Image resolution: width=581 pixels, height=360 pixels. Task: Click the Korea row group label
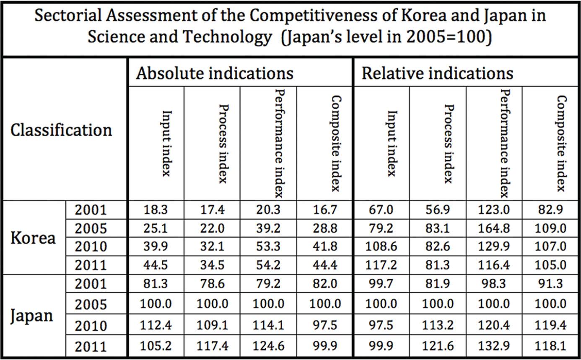[33, 238]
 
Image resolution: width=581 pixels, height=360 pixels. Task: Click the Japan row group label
[32, 316]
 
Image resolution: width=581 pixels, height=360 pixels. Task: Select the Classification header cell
[61, 130]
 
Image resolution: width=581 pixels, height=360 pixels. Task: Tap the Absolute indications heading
[215, 73]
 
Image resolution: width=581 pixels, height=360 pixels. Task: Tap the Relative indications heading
[437, 73]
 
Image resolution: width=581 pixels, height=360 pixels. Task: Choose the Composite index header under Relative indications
[561, 143]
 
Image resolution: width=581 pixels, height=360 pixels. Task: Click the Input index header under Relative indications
[391, 143]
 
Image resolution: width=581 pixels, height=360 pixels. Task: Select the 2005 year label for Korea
[91, 229]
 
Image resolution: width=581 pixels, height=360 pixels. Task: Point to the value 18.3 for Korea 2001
[156, 210]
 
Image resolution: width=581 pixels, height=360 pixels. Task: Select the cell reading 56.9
[438, 210]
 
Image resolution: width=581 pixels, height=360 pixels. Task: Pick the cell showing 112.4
[156, 326]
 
